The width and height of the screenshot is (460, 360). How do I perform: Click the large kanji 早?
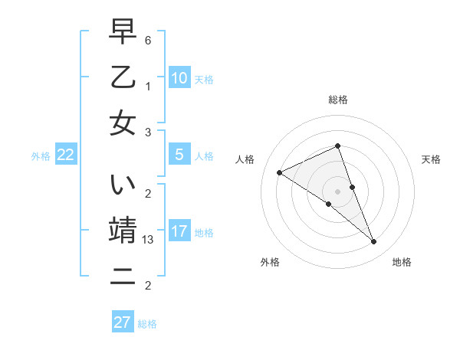[123, 33]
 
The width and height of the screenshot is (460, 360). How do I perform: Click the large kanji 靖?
[123, 231]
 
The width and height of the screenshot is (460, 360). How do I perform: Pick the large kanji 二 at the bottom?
[123, 277]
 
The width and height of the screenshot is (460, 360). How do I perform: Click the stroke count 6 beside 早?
[149, 40]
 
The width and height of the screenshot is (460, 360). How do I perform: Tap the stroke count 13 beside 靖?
[149, 240]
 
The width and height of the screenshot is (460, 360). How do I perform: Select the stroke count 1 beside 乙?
[149, 86]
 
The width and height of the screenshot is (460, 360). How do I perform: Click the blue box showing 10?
[179, 78]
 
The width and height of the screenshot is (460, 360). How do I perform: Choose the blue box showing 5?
[179, 155]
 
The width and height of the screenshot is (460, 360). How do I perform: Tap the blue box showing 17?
[179, 231]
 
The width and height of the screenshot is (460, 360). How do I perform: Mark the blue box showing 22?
[66, 155]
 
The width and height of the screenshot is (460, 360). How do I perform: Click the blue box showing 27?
[123, 322]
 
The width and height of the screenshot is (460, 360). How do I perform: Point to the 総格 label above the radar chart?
[338, 100]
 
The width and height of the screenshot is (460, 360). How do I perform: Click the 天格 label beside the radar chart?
[431, 159]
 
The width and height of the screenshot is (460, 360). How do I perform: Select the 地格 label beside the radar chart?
[402, 262]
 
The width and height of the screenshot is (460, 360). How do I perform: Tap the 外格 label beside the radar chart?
[270, 262]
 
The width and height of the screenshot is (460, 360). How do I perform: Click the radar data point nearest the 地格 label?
[374, 242]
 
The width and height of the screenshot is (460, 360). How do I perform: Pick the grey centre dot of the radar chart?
[338, 191]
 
